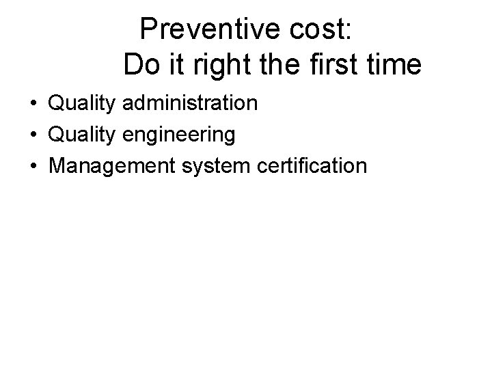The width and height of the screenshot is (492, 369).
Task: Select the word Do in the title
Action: tap(140, 65)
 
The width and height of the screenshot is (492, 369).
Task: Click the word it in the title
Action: tap(170, 65)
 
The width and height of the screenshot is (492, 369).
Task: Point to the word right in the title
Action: tap(210, 66)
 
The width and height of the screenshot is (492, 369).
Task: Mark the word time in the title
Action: tap(396, 65)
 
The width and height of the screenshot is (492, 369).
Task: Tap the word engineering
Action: tap(180, 135)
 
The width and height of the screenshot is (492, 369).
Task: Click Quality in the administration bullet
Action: tap(83, 105)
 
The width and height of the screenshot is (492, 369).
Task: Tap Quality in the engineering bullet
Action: tap(83, 135)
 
